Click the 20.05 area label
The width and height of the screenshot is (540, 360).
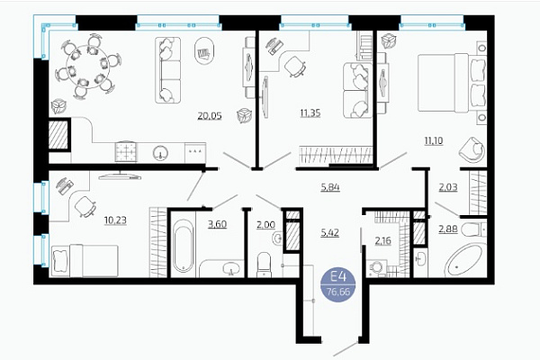pos(210,116)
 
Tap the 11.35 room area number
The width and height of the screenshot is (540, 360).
pos(310,112)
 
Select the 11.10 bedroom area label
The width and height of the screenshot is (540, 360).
pos(434,140)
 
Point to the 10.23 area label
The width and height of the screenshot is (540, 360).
pos(115,220)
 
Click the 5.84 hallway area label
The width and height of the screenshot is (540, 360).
pos(330,187)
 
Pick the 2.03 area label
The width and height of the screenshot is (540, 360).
pos(448,187)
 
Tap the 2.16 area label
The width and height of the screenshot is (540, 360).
pos(383,240)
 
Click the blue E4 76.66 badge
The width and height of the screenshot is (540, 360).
pos(337,285)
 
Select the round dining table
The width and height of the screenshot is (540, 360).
pos(87,67)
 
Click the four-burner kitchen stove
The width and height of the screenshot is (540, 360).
pos(126,151)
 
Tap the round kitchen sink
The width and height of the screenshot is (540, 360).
pos(160,153)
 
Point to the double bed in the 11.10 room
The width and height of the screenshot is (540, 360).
pos(452,83)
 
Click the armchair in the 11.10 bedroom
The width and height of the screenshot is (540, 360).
pos(472,148)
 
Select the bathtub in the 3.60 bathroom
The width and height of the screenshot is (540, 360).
pos(183,246)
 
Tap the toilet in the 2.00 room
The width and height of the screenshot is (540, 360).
pos(264,265)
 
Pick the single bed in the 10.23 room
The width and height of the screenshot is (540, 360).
pos(85,261)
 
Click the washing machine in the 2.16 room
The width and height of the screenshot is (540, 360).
pos(377,269)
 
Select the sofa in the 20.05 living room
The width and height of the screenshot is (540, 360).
pos(167,70)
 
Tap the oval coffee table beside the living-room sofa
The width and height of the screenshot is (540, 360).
pos(204,51)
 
